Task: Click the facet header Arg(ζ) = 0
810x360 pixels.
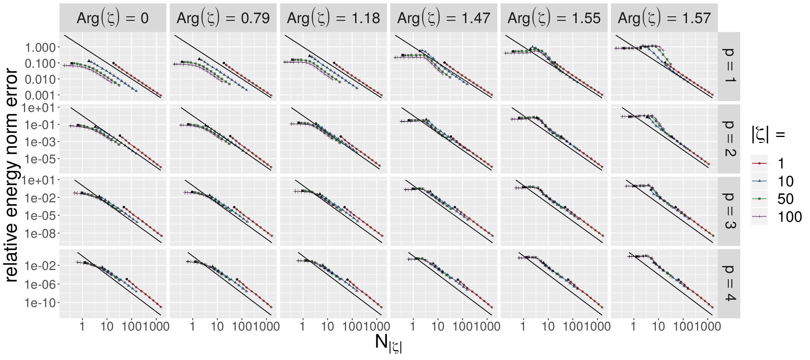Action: click(113, 18)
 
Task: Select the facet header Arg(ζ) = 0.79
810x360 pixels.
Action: click(223, 18)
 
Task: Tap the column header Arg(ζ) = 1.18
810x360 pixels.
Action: click(333, 18)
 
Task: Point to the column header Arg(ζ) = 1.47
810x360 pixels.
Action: click(444, 18)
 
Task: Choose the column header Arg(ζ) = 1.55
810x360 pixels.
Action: click(554, 18)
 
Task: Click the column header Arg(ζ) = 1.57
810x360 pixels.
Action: click(664, 18)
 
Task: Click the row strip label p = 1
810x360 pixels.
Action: click(729, 66)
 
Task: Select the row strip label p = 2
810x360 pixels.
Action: click(729, 139)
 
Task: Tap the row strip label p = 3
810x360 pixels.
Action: click(729, 211)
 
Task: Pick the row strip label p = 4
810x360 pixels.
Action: click(729, 284)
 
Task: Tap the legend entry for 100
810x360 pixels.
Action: click(777, 217)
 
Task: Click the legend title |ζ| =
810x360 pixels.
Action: click(768, 134)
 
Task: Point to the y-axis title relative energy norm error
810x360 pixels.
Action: click(12, 175)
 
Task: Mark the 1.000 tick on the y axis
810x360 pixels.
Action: click(40, 47)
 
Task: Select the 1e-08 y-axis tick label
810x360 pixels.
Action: click(40, 233)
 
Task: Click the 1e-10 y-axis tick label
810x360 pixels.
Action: click(40, 303)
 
